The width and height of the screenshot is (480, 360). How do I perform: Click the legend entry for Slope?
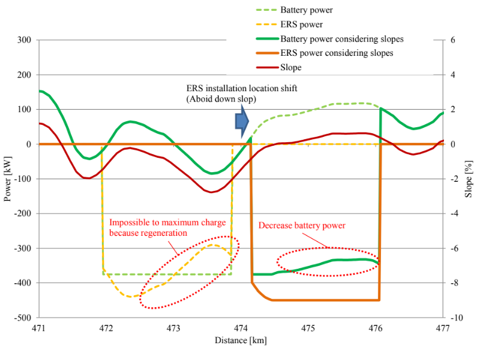coord(290,68)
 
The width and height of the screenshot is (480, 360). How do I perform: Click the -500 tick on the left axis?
coord(23,317)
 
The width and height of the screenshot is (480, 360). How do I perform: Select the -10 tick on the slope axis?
coord(454,317)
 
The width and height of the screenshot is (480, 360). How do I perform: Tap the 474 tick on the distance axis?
coord(241,328)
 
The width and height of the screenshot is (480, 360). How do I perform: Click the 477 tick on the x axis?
coord(442,328)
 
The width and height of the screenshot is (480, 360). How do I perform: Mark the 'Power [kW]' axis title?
coord(8,179)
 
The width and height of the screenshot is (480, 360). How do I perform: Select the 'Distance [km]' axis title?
coord(241,340)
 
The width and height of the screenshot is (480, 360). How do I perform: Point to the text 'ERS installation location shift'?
coord(242,88)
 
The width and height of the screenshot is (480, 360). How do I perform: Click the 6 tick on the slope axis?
coord(452,40)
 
